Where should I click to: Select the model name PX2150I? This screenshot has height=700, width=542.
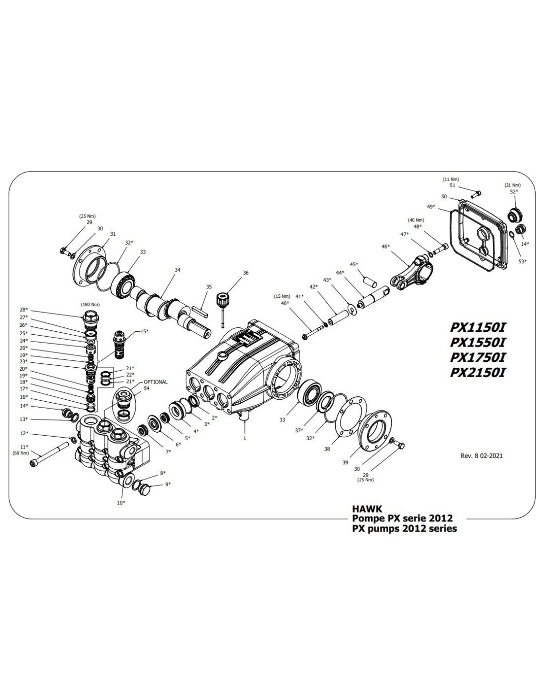(477, 373)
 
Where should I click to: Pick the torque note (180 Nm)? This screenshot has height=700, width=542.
(89, 304)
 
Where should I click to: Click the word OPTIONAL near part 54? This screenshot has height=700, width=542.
(156, 382)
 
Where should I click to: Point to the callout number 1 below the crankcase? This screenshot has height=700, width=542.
(245, 437)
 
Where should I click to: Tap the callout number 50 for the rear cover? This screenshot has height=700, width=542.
(444, 196)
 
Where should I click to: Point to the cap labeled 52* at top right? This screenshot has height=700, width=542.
(513, 215)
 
